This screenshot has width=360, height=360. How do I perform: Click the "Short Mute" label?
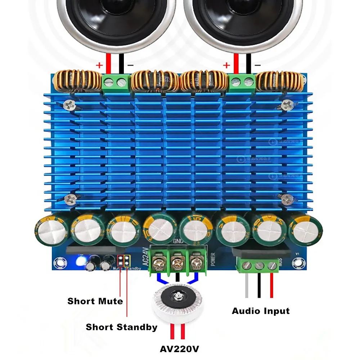95,301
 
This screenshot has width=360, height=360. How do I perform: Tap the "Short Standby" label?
121,327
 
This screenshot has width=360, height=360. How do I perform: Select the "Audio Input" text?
261,311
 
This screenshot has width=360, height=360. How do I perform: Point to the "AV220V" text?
179,349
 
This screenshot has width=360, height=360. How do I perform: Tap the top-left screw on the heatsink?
69,105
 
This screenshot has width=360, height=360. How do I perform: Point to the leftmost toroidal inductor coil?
77,80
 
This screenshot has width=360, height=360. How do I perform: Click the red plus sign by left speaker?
99,66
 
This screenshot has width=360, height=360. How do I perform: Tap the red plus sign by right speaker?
226,65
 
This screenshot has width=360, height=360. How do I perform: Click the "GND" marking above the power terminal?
179,241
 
